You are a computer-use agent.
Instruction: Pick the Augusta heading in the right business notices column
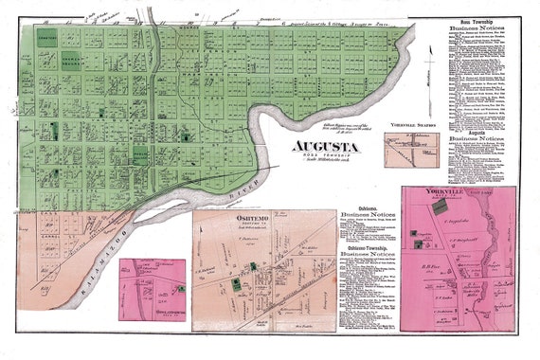474,126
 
